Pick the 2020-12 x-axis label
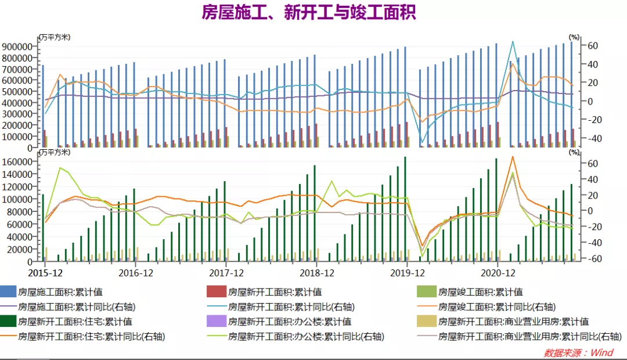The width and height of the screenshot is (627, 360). [496, 272]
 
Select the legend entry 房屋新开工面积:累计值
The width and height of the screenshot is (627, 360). [275, 292]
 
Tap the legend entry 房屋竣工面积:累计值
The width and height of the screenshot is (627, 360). [480, 292]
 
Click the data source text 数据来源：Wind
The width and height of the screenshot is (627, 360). [578, 352]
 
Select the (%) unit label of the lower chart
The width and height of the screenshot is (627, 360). [574, 152]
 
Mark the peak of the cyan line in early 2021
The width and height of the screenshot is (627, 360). [512, 41]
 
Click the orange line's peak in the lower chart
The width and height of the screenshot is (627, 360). [512, 156]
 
